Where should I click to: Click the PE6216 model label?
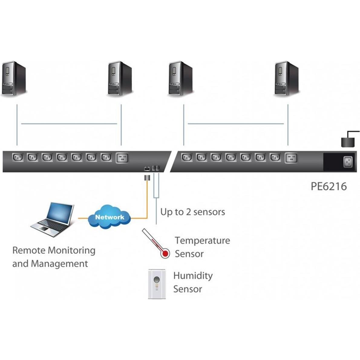[329, 186]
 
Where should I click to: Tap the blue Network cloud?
[110, 217]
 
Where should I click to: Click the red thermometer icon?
[156, 243]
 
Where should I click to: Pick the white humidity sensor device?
[157, 284]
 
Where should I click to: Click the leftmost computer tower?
[14, 79]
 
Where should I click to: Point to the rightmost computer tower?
[286, 79]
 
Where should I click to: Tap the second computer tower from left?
[120, 79]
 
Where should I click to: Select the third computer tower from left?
[180, 79]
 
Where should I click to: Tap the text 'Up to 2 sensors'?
[192, 212]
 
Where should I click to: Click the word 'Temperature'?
[202, 241]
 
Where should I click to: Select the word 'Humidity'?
[193, 276]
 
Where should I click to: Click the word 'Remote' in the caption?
[29, 250]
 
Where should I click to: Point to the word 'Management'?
[59, 263]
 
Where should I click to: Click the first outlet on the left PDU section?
[17, 157]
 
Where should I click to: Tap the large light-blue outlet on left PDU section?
[122, 158]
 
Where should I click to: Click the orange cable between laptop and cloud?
[83, 218]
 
